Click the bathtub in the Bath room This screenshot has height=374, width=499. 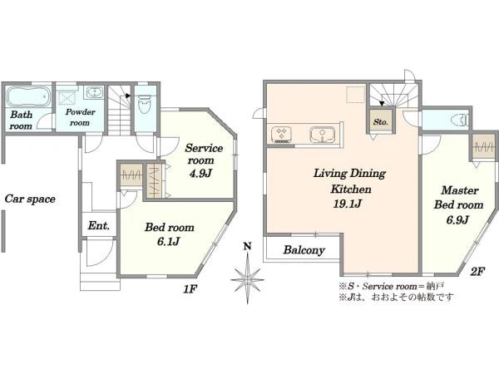28,96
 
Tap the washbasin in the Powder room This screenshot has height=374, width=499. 94,92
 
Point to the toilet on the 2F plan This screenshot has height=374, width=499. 460,121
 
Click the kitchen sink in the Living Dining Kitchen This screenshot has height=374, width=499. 323,135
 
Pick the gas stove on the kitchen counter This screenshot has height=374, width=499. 281,134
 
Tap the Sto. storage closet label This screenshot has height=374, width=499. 381,122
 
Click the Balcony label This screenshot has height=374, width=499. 304,250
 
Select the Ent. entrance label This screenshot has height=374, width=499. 99,225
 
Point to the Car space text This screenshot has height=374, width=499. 30,199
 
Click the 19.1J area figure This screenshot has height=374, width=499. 347,204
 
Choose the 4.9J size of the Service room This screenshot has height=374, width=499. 200,174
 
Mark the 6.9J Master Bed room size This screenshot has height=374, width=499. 457,219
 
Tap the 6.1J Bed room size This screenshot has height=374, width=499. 169,242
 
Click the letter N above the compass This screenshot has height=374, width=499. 247,246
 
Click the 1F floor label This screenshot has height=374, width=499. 190,289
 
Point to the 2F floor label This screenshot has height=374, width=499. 477,272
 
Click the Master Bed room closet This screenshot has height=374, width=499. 484,146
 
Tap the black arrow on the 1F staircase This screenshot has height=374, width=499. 128,96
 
